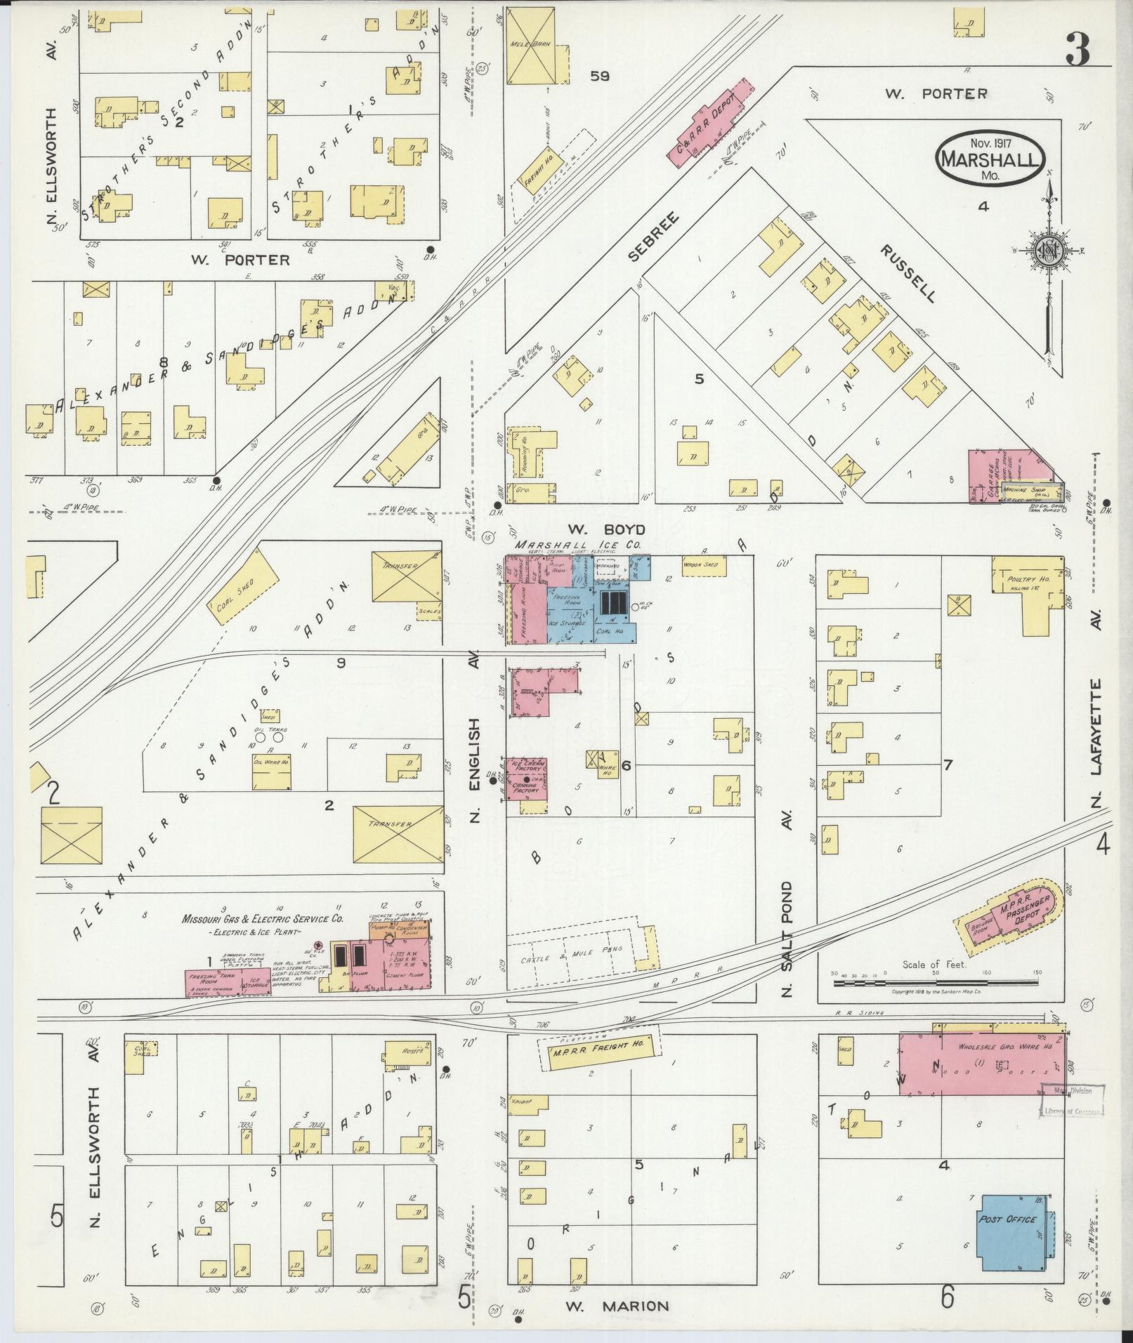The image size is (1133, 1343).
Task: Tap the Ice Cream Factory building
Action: (x=526, y=766)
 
